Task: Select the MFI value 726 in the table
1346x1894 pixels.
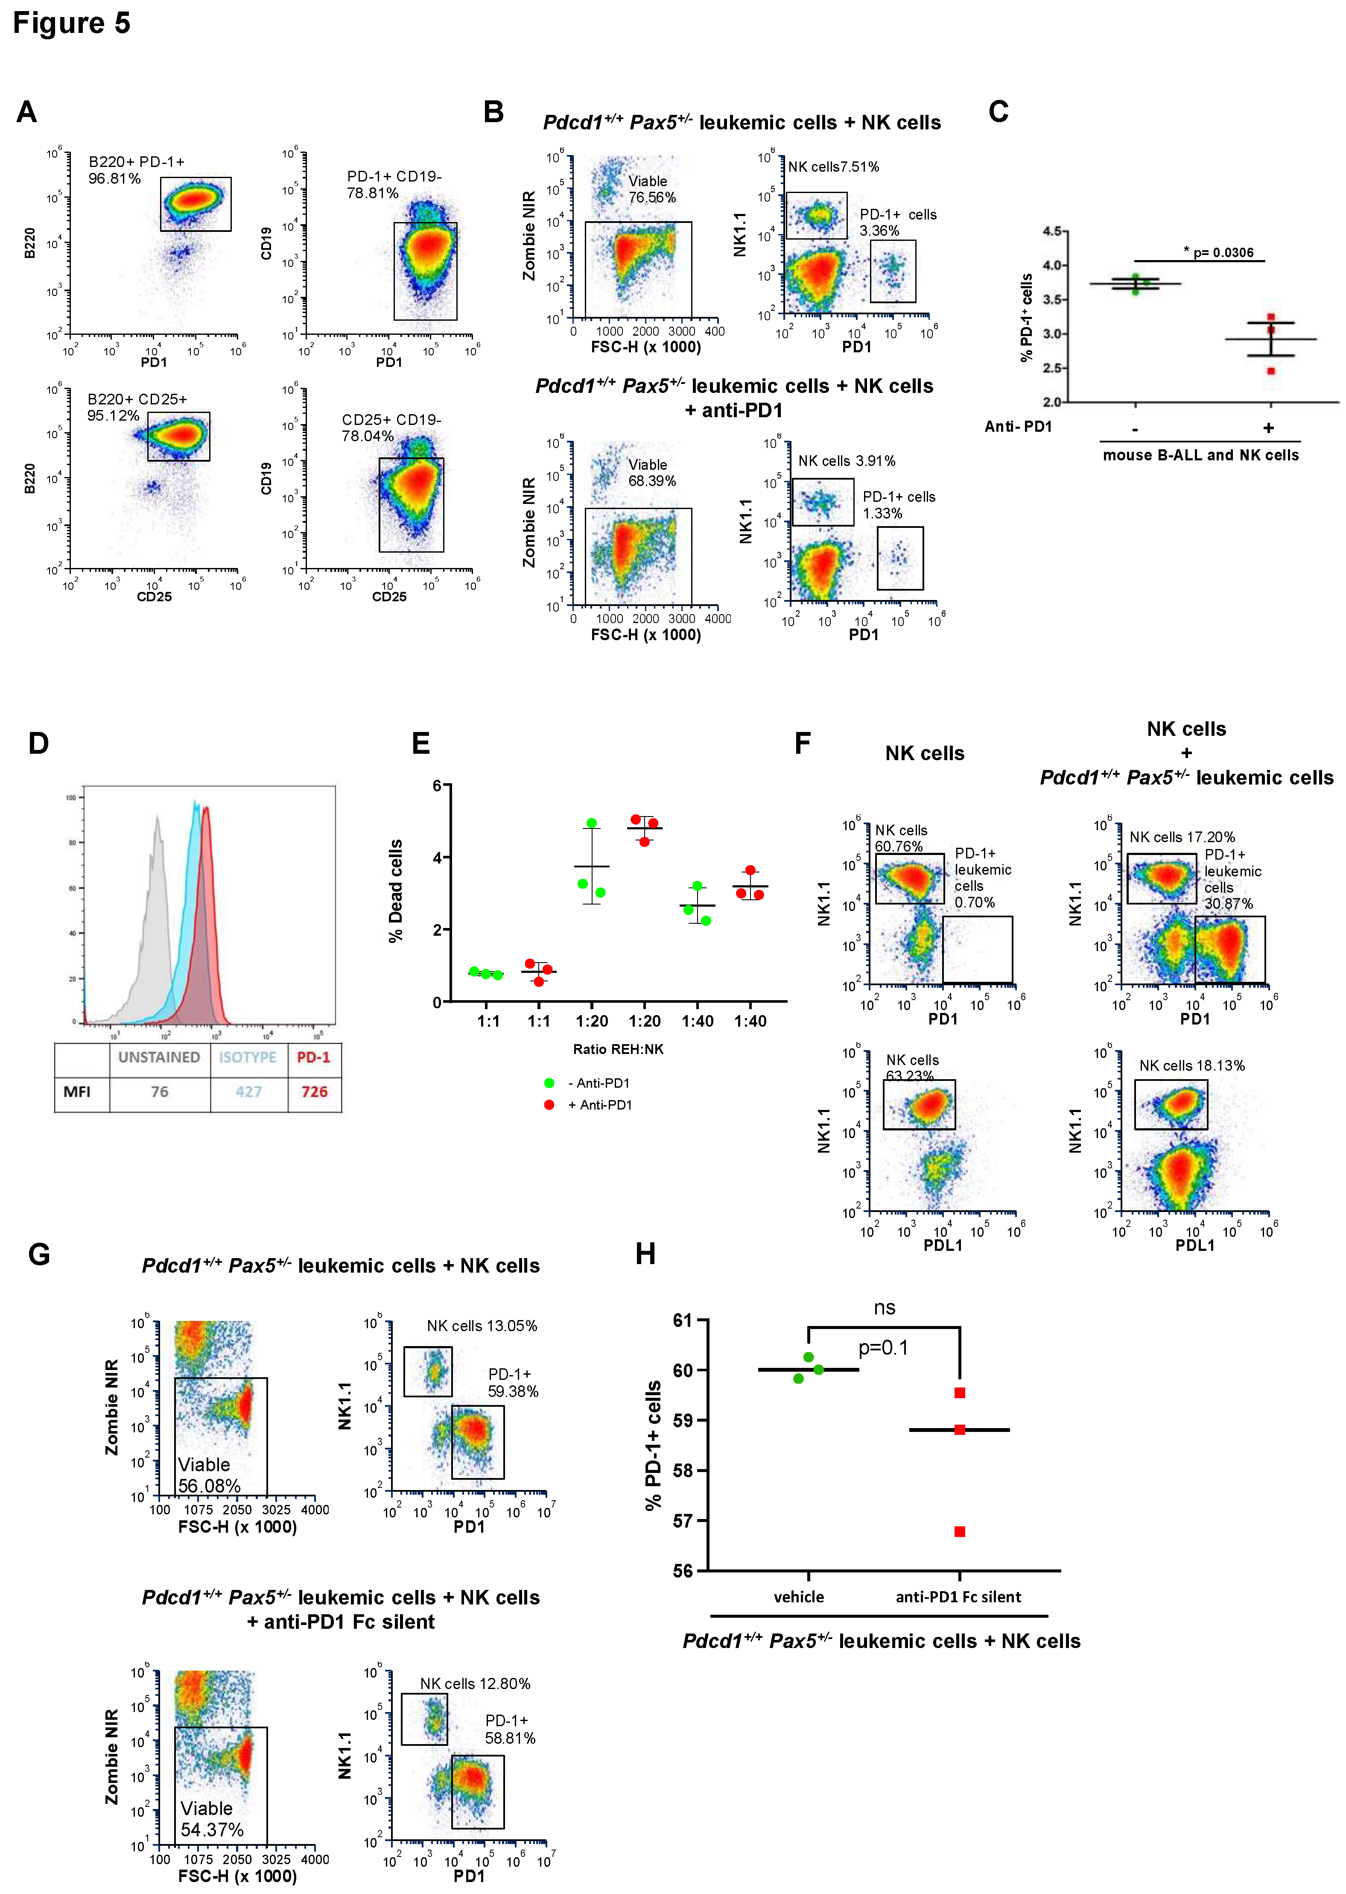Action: (314, 1092)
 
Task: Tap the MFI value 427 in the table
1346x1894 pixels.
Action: (248, 1092)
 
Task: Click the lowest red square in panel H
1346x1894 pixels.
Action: (960, 1532)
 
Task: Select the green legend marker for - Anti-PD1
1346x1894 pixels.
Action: (549, 1083)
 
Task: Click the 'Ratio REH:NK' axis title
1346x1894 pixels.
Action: (618, 1049)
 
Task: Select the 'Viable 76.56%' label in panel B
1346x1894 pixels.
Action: (651, 189)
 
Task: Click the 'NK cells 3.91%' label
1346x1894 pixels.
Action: (846, 461)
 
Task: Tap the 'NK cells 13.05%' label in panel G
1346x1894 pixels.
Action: (482, 1326)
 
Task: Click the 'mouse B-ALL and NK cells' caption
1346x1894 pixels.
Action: (1200, 455)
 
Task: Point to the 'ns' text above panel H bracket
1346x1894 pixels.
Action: (885, 1308)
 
